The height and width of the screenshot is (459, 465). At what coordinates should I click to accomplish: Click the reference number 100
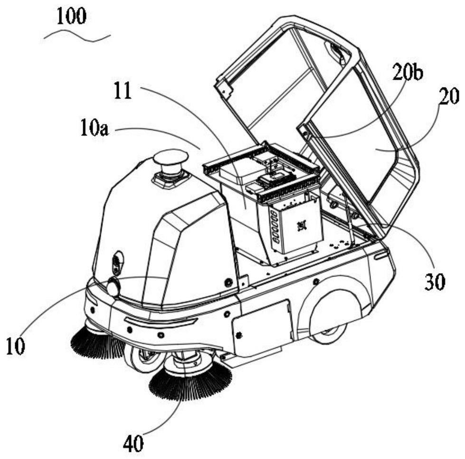coord(72,17)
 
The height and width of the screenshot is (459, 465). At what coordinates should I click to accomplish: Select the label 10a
coord(94,128)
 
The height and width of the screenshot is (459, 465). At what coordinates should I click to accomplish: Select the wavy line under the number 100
coord(76,37)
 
